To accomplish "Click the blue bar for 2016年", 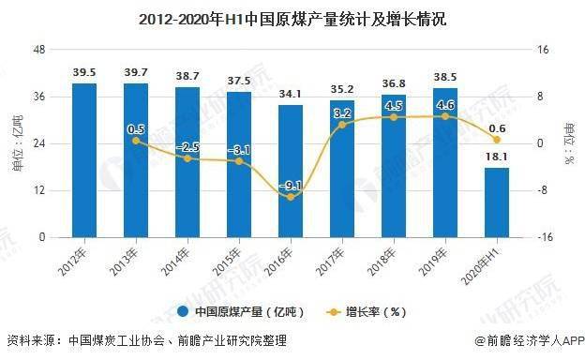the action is [291, 172].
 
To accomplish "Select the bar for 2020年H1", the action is [497, 202].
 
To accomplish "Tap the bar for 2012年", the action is [84, 160].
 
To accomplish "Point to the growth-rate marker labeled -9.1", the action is [291, 197].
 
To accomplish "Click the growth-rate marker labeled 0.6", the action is [497, 140].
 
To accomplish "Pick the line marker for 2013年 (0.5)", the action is [136, 141].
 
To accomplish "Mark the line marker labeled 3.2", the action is [342, 125].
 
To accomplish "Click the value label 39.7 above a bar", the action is [136, 72].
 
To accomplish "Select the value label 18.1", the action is [497, 157].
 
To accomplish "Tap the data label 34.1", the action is [291, 94].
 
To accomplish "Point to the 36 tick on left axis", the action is [38, 97].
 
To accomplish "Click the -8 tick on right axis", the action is [542, 190].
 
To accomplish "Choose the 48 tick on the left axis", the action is [38, 50].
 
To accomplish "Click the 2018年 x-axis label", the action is [382, 262].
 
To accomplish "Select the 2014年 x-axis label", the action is [175, 262].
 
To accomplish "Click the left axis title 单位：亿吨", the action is [18, 143].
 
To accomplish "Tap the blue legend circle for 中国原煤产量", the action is [183, 311].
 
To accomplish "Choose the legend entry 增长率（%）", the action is [367, 311].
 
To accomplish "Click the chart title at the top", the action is [292, 20].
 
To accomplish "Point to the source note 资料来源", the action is [147, 340].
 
